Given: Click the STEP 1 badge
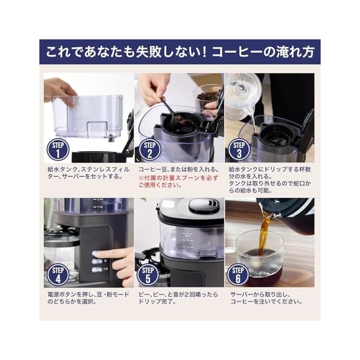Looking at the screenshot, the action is pyautogui.click(x=58, y=150).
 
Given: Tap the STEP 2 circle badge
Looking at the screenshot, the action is pyautogui.click(x=150, y=150).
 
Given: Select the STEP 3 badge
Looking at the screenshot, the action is pyautogui.click(x=239, y=150).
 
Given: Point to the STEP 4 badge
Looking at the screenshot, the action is pyautogui.click(x=58, y=275).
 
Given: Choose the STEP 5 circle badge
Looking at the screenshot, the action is pyautogui.click(x=148, y=275).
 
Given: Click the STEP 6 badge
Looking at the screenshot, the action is pyautogui.click(x=238, y=275).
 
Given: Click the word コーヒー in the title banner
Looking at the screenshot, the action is pyautogui.click(x=237, y=52).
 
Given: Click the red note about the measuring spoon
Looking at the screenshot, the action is pyautogui.click(x=178, y=181).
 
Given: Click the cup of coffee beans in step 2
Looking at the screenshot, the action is pyautogui.click(x=207, y=96).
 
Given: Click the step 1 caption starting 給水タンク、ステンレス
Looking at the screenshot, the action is pyautogui.click(x=88, y=173).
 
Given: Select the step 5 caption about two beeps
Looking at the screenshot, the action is pyautogui.click(x=178, y=298).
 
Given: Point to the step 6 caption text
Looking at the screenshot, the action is pyautogui.click(x=266, y=298).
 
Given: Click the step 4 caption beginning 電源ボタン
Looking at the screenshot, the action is pyautogui.click(x=88, y=298).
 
